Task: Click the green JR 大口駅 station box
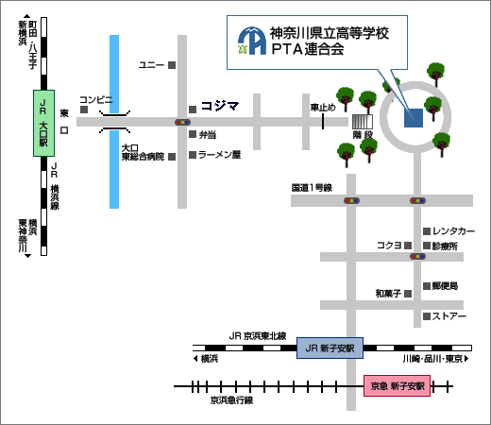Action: [x=44, y=123]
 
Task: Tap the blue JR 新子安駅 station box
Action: [x=330, y=348]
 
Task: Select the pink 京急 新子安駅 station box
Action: [x=398, y=385]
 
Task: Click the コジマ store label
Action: [x=220, y=106]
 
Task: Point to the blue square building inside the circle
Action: [x=414, y=118]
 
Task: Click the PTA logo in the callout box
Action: [x=252, y=41]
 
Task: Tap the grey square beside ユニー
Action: [x=172, y=65]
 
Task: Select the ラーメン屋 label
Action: [x=219, y=155]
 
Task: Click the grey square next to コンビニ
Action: [x=84, y=110]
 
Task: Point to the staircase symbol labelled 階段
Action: [x=363, y=122]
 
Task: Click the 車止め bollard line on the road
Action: [x=323, y=121]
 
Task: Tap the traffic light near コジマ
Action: [x=182, y=122]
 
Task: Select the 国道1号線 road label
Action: [x=312, y=188]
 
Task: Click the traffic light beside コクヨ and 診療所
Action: [x=417, y=256]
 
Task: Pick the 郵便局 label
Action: [x=445, y=286]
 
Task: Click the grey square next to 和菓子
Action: [x=408, y=294]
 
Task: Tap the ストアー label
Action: [x=449, y=316]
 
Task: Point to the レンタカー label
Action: [x=453, y=231]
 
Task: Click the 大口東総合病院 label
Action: [x=143, y=152]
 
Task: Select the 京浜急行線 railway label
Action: [x=231, y=400]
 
